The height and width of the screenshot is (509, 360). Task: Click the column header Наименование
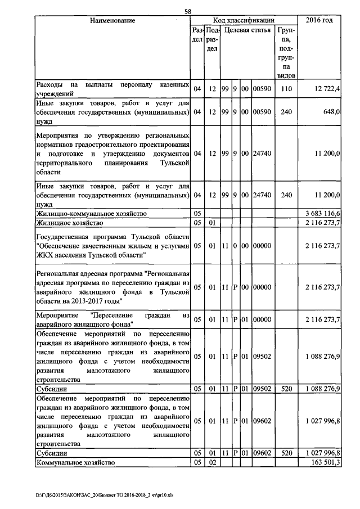[x=112, y=21]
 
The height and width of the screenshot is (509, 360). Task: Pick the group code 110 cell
[x=286, y=89]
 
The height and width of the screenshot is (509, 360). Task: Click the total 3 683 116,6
[x=322, y=214]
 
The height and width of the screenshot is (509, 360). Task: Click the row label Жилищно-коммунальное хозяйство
[x=91, y=214]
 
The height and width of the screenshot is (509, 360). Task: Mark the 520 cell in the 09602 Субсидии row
[x=286, y=453]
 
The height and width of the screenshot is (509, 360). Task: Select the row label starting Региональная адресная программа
[x=112, y=287]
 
